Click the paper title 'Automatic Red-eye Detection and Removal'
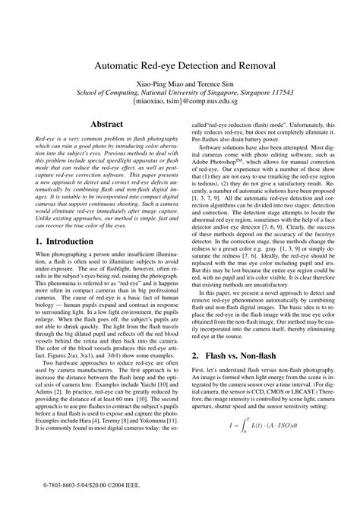(179, 66)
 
